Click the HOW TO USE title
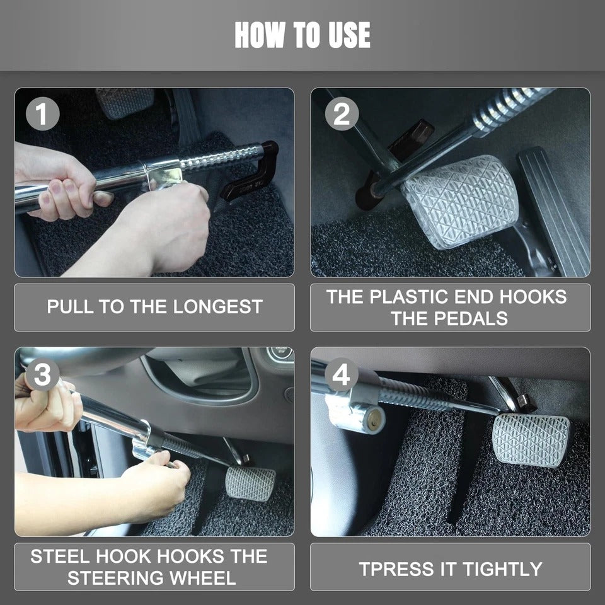click(302, 35)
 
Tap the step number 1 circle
click(43, 115)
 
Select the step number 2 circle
click(341, 115)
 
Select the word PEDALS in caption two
click(476, 318)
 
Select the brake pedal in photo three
click(250, 483)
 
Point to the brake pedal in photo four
click(529, 439)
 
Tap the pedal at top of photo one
click(125, 102)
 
